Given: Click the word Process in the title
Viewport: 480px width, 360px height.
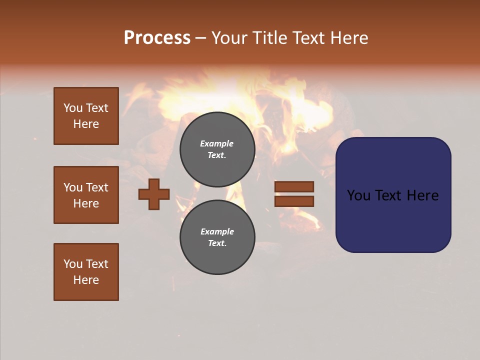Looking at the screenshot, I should [x=157, y=38].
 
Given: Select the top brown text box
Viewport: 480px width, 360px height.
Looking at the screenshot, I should [x=86, y=116].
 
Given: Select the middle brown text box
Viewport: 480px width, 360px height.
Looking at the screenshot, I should [x=86, y=195].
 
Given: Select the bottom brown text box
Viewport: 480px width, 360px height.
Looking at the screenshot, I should [x=86, y=272].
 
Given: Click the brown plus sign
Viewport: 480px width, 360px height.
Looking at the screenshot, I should [x=154, y=194].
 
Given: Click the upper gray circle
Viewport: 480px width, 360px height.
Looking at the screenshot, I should [x=217, y=149].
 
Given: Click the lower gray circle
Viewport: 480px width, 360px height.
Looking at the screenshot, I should [x=217, y=237].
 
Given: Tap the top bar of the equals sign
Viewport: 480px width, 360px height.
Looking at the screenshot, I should [x=294, y=187].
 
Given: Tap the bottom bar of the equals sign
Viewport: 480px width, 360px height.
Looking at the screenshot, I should [x=294, y=201].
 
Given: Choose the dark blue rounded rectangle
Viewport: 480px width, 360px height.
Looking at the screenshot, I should [x=393, y=220].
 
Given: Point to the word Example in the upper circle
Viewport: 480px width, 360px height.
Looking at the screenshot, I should [x=216, y=143].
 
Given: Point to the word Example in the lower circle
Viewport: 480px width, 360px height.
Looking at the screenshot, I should [x=217, y=231].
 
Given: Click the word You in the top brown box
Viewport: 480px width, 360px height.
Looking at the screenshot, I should [x=73, y=108].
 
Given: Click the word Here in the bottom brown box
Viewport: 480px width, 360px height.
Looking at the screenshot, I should [x=86, y=280].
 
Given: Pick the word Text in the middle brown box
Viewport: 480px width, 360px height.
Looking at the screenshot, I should [x=96, y=187].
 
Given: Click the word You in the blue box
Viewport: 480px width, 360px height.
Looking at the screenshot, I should [x=359, y=195].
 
